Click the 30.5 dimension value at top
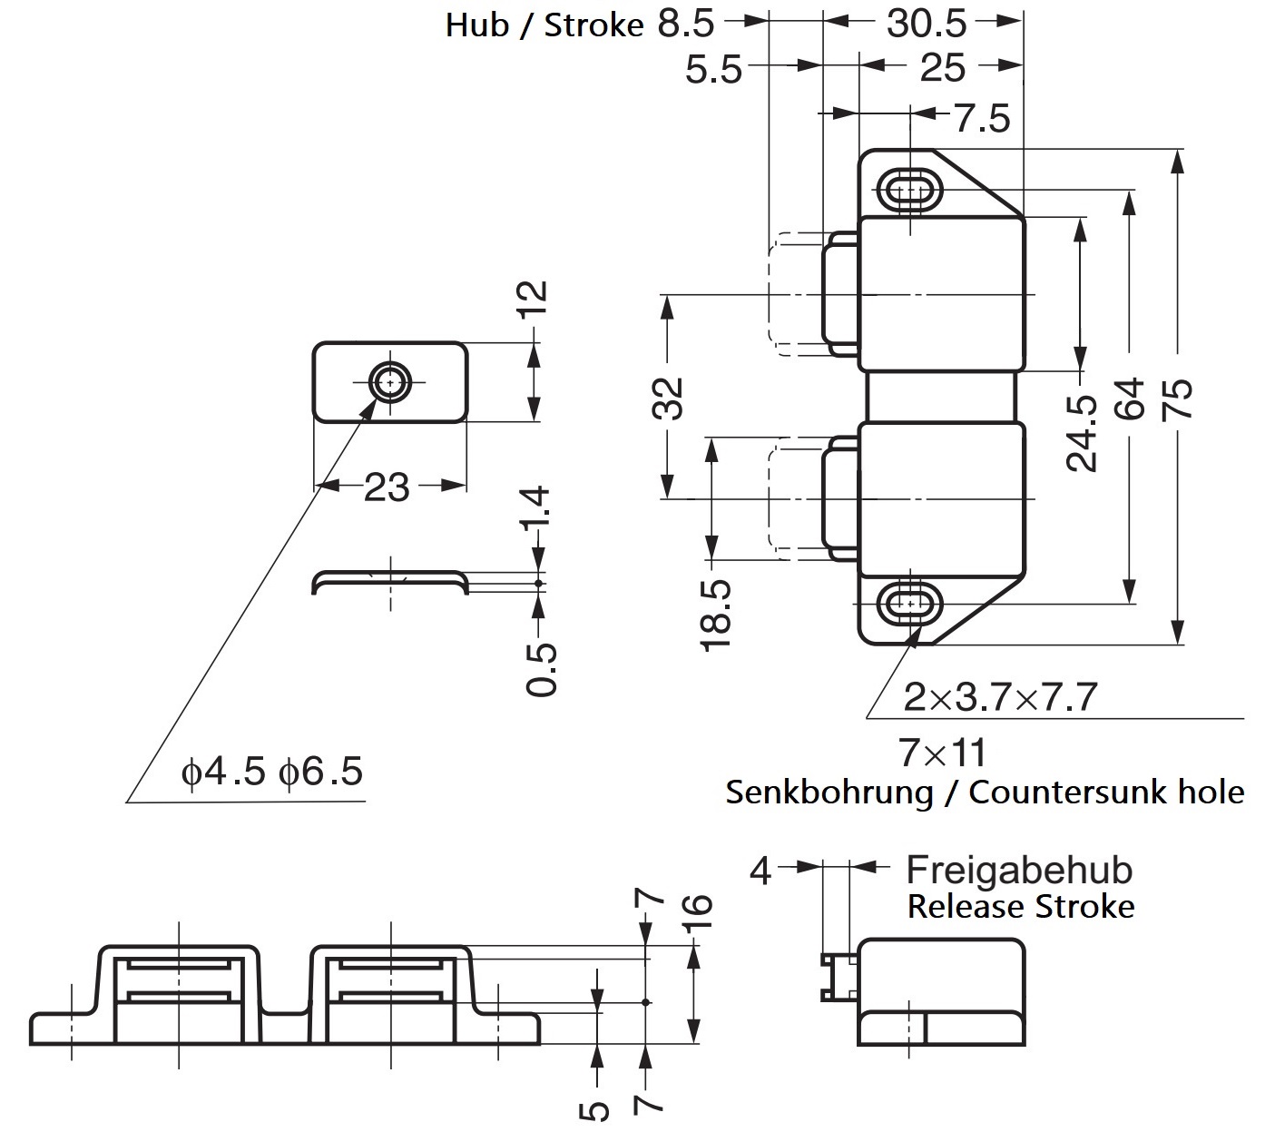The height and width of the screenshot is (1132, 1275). point(927,25)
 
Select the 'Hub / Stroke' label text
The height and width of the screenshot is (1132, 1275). point(544,25)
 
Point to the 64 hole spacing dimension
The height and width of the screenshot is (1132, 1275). point(1130,399)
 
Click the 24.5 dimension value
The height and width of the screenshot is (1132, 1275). point(1081,433)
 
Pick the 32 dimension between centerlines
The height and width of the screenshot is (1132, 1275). point(668,398)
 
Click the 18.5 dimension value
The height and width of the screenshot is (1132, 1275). point(715,615)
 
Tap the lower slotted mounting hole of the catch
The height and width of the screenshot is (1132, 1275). point(909,603)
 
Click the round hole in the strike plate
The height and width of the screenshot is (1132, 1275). point(391,382)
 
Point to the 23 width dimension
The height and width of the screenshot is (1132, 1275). point(387,488)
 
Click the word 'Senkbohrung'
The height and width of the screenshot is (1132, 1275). point(829,792)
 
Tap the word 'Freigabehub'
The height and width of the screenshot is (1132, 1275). point(1019,870)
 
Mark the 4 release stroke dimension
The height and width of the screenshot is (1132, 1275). point(760,871)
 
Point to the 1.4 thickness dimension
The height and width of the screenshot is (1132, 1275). point(537,510)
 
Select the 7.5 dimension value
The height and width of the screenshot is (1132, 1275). point(981,119)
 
